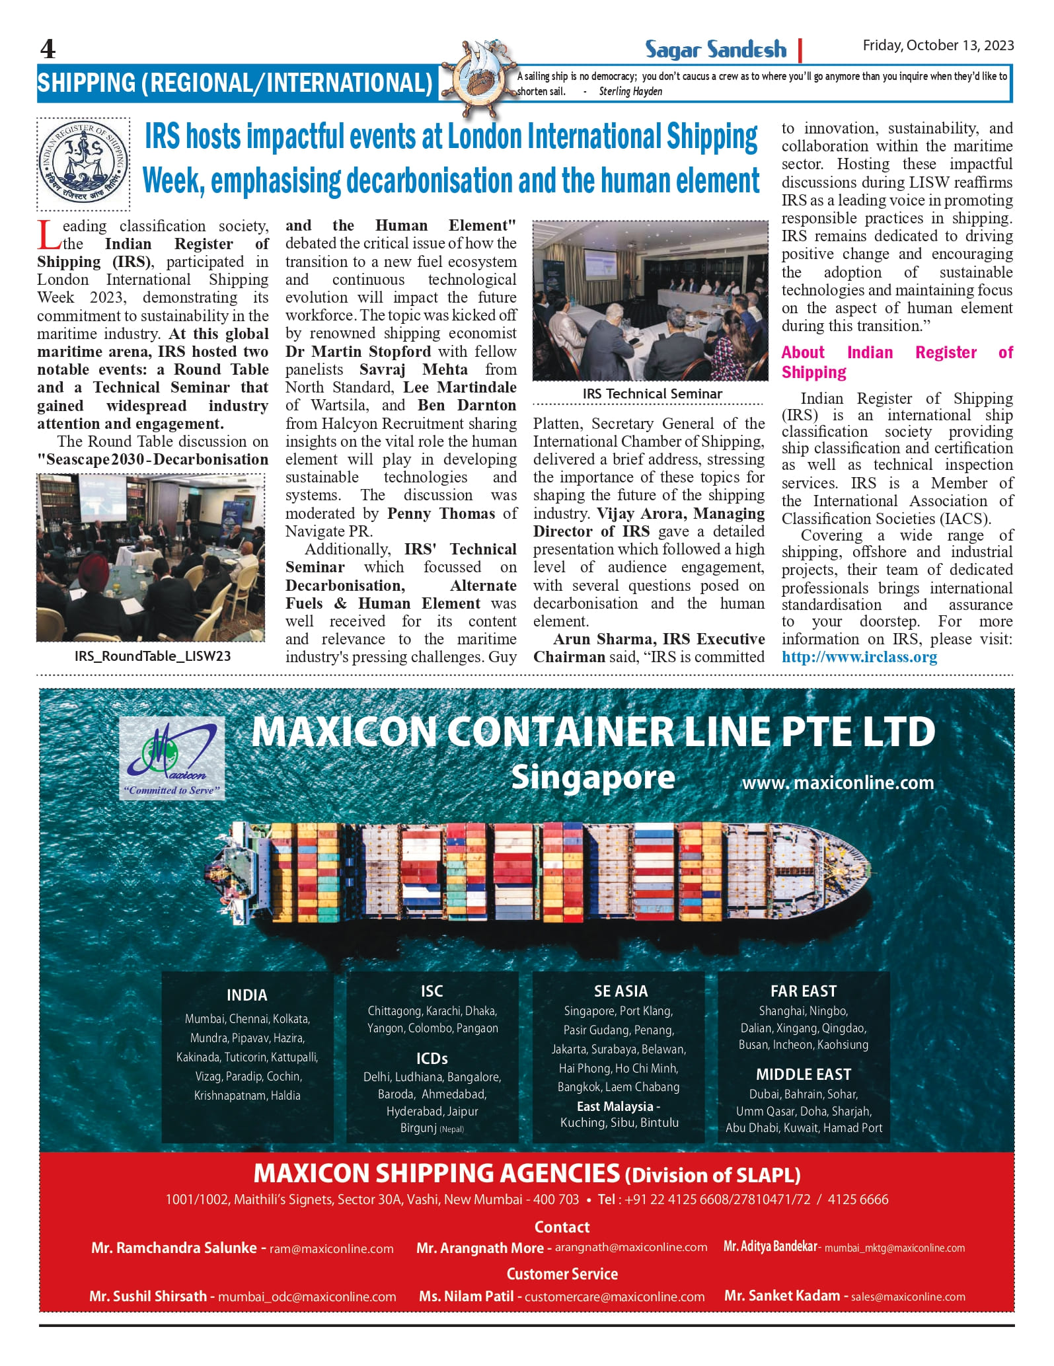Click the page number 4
click(48, 49)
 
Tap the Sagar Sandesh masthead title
click(716, 49)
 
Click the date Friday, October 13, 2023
click(938, 45)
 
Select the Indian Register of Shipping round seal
click(83, 164)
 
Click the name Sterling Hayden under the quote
click(630, 91)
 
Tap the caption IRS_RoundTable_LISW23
click(153, 656)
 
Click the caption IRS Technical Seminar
click(652, 394)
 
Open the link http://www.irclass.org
click(859, 657)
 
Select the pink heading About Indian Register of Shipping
click(896, 361)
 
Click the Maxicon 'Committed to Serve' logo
click(172, 760)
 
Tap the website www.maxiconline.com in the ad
click(838, 783)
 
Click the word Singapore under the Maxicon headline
click(593, 777)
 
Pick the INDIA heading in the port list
click(247, 995)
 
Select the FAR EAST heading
click(804, 991)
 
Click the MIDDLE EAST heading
click(804, 1075)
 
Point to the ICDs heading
click(432, 1059)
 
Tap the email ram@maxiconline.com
click(331, 1249)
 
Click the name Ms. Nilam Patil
click(466, 1297)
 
